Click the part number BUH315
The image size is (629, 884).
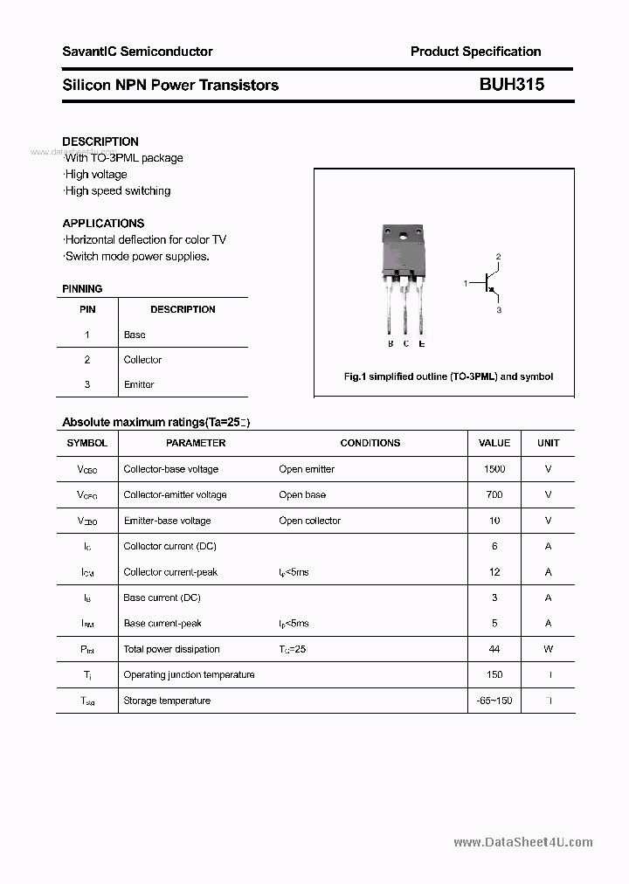[x=511, y=85]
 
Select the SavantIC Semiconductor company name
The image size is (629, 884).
[x=137, y=52]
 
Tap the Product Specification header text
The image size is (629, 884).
[x=475, y=52]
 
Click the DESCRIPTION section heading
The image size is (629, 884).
[x=100, y=142]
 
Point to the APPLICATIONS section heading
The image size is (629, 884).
[x=103, y=223]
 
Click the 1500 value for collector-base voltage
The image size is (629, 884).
[x=494, y=469]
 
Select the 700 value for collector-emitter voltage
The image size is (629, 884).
[x=494, y=494]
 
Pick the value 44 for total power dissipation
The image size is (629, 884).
[x=494, y=649]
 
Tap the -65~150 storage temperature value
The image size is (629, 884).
[x=494, y=701]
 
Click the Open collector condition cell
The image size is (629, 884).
[x=310, y=521]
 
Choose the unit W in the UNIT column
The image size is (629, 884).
[x=548, y=649]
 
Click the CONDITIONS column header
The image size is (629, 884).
[x=370, y=443]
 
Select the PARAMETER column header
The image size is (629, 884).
[x=196, y=443]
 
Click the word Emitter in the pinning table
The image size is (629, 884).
[x=139, y=384]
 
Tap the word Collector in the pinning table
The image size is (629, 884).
[x=142, y=360]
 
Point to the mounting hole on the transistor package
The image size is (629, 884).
[x=403, y=234]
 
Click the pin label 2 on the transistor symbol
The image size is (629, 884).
[x=498, y=257]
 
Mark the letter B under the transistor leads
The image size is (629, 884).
[x=390, y=344]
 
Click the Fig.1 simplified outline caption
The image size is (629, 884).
[x=448, y=376]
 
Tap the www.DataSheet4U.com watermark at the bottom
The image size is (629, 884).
[x=523, y=842]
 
